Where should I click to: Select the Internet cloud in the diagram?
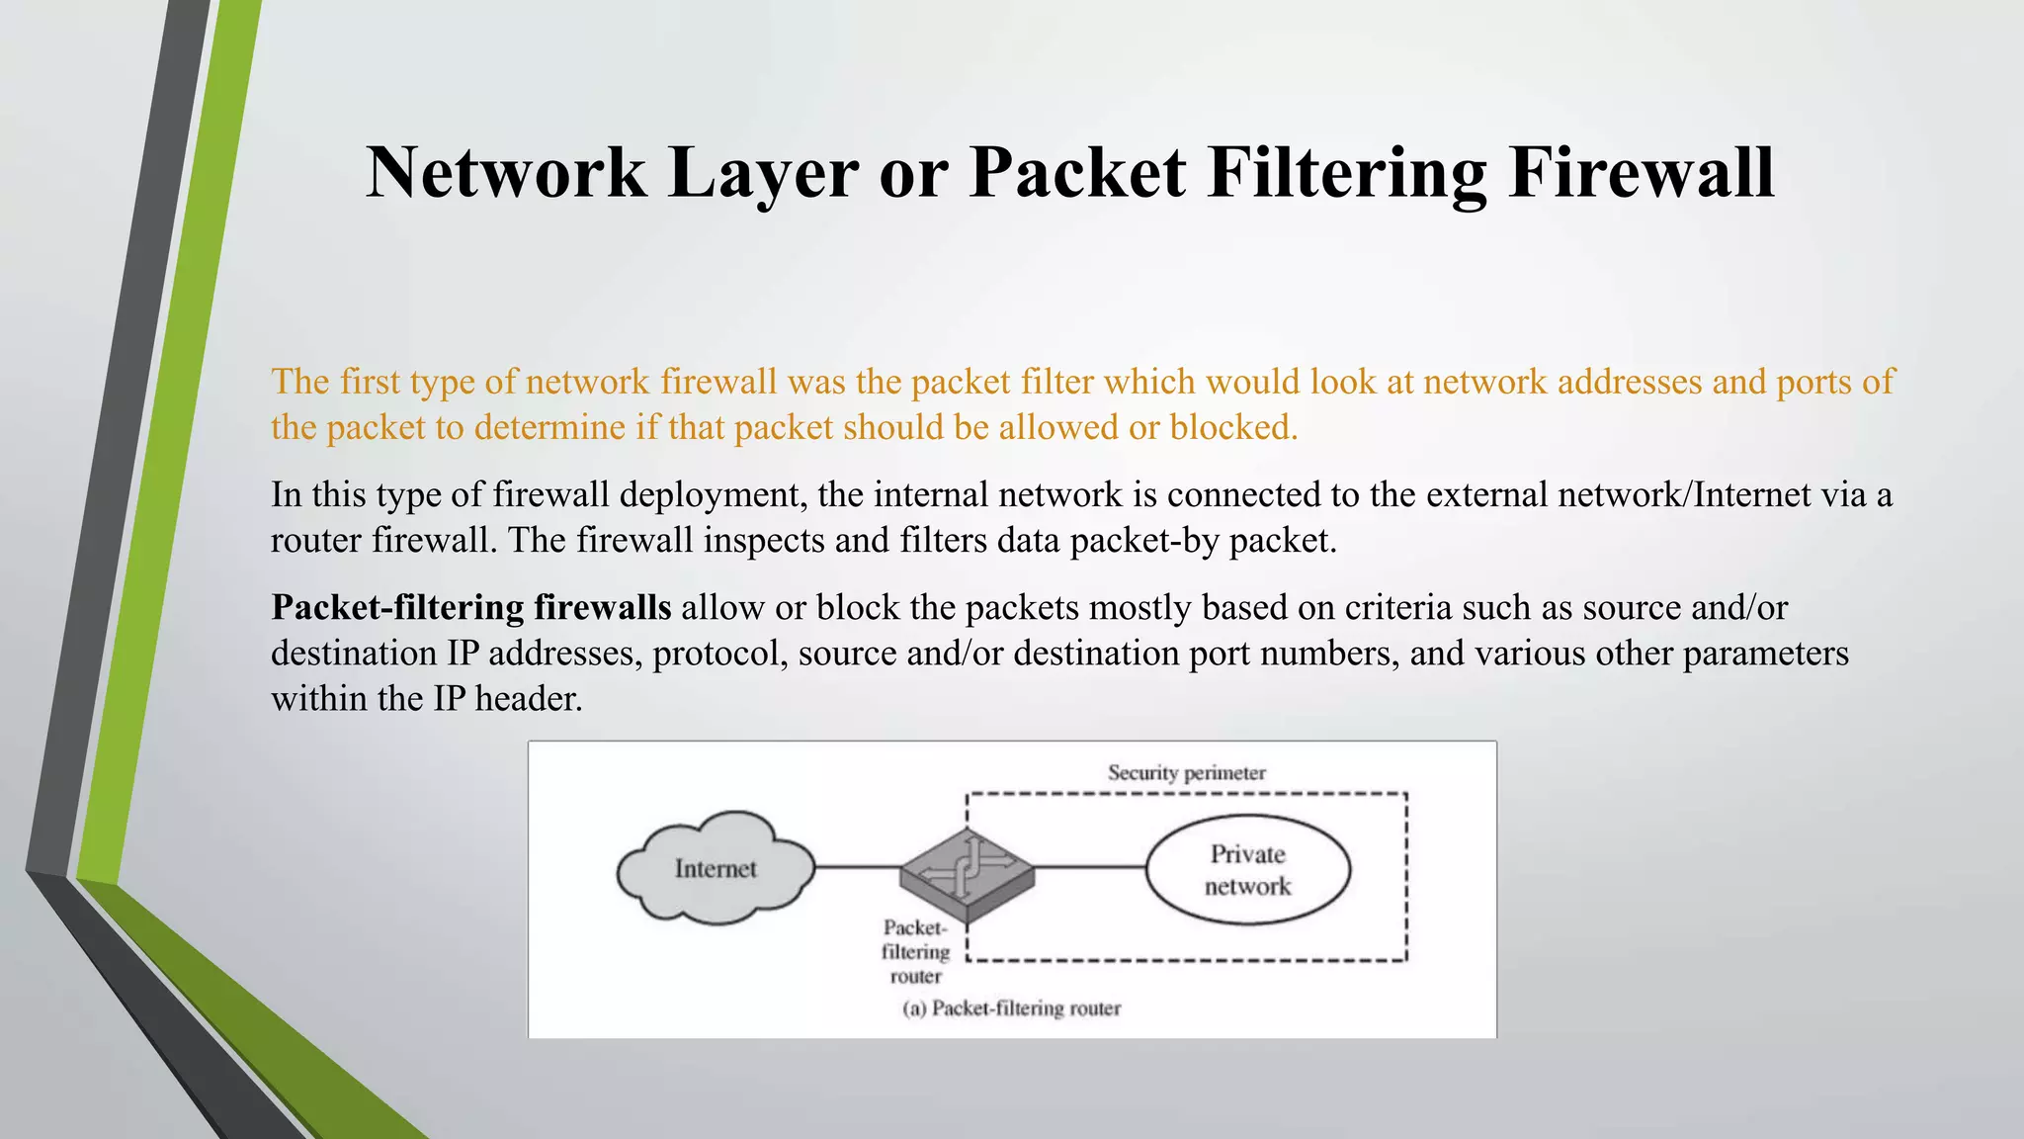pos(716,868)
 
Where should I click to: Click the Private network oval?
pos(1247,869)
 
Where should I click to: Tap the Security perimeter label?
pos(1186,772)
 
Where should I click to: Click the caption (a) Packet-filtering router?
pos(1011,1008)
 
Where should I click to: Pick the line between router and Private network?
pos(1090,868)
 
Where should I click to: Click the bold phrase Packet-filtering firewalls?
pos(471,607)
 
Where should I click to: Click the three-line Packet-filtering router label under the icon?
pos(915,951)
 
